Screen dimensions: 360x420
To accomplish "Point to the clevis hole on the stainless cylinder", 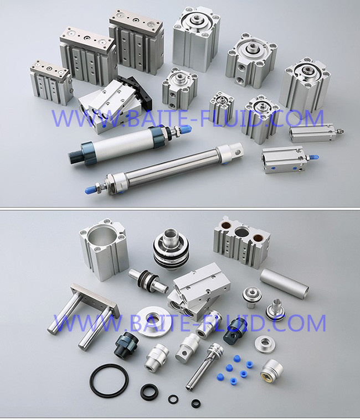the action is [x=238, y=151].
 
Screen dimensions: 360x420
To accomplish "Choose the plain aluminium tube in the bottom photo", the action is [x=284, y=283].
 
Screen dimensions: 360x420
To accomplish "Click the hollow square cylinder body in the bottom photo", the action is [x=103, y=248].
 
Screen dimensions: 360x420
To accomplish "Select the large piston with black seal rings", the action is [x=171, y=248].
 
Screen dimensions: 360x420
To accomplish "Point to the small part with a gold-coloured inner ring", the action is [x=271, y=371].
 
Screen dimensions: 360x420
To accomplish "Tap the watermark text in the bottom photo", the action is [x=189, y=323].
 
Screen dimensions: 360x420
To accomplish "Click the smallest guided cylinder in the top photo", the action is [x=50, y=82].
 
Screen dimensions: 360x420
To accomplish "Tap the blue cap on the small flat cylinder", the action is [x=313, y=157].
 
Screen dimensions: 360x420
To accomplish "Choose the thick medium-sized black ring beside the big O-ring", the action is [x=149, y=391].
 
